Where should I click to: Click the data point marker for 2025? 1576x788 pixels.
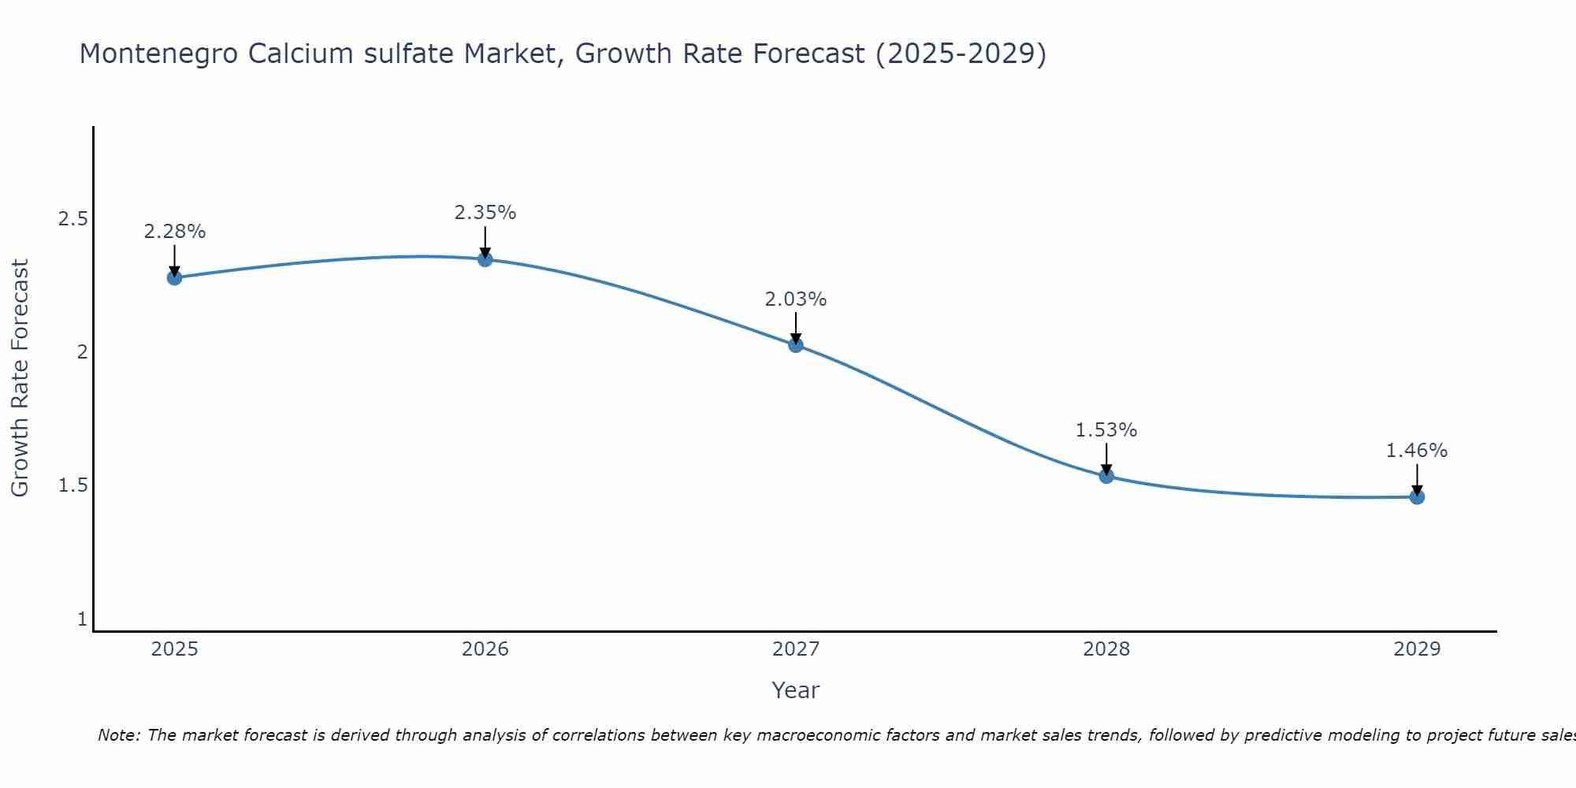coord(174,277)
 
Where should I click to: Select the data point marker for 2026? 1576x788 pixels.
coord(485,259)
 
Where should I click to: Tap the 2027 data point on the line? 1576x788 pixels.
coord(796,344)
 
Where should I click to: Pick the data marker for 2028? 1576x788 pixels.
coord(1106,475)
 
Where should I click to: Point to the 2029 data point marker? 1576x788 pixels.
coord(1417,496)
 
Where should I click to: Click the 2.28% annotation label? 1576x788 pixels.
coord(174,232)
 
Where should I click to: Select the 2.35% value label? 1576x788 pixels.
coord(485,213)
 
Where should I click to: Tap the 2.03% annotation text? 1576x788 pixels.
coord(796,299)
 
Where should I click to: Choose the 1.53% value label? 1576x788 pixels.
coord(1106,430)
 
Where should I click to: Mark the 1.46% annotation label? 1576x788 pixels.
coord(1417,451)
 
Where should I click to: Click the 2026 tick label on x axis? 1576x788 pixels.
coord(485,649)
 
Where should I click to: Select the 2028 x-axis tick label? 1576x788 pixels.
coord(1106,649)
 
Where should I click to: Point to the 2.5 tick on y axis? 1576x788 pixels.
coord(72,219)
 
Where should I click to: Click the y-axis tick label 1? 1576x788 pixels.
coord(82,619)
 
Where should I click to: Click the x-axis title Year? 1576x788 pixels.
coord(796,690)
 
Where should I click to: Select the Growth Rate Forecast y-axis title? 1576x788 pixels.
coord(20,378)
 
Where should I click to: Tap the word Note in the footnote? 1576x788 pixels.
coord(118,735)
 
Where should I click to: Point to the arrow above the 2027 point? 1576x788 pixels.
coord(796,328)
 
